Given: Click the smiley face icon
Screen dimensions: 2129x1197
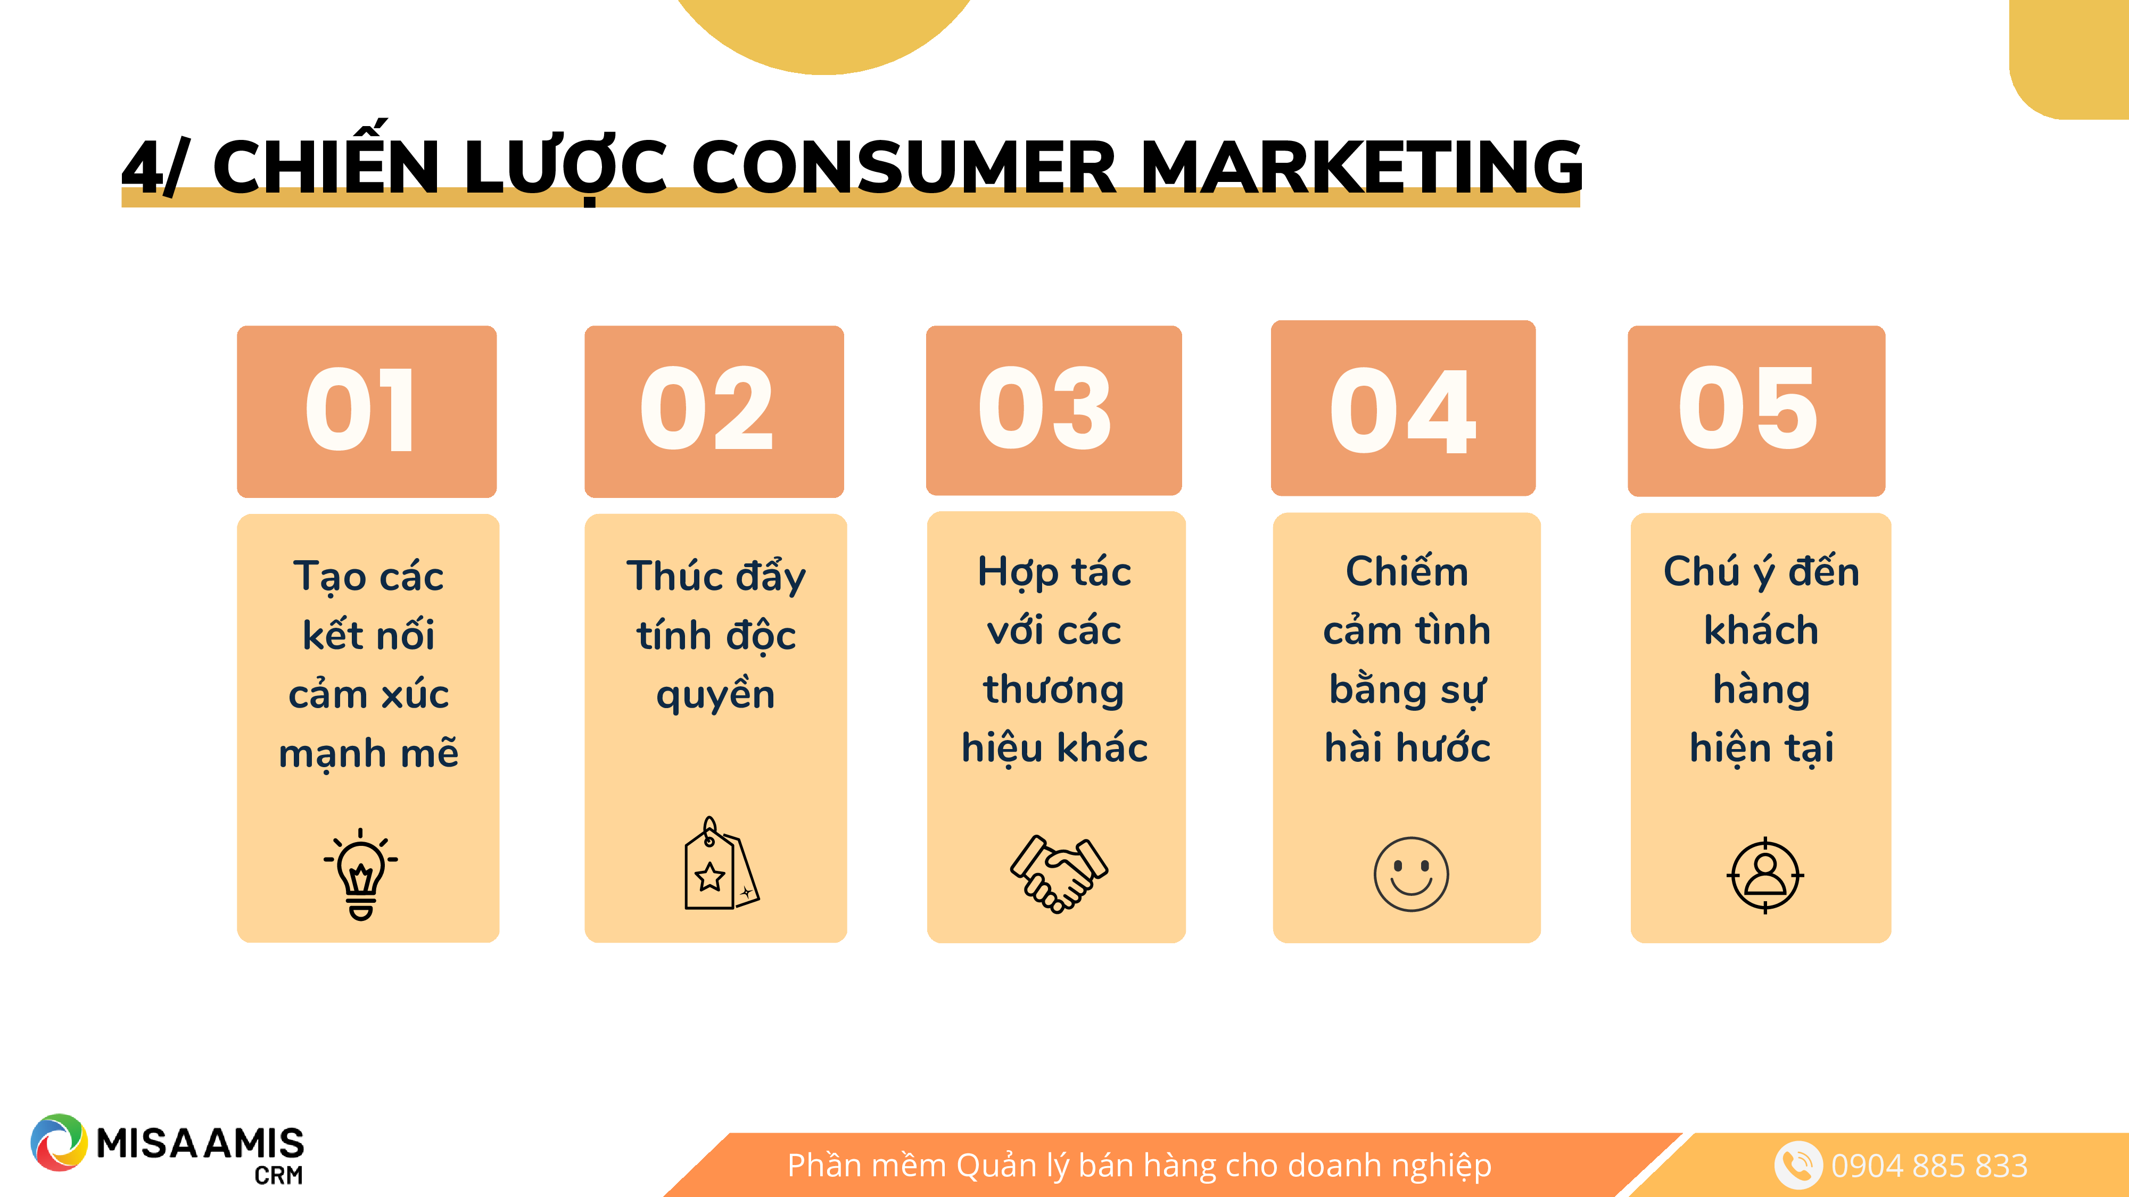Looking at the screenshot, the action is [1411, 874].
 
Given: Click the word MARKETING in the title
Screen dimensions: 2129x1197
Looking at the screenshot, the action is [1361, 168].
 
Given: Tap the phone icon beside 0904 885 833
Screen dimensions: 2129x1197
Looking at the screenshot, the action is [1797, 1165].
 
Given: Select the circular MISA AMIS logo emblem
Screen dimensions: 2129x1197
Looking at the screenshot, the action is [59, 1143].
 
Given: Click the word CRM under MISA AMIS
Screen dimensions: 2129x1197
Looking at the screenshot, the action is [278, 1175].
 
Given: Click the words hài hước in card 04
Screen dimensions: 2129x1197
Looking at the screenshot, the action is [1407, 747].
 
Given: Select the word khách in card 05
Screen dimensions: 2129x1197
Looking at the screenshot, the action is [1761, 630].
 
